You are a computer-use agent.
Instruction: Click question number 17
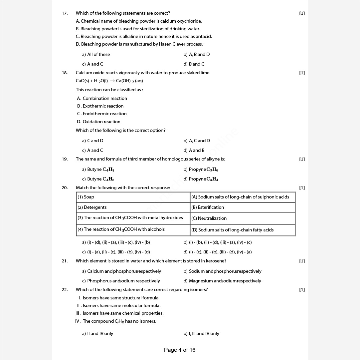pos(65,13)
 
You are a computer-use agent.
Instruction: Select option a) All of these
pos(96,54)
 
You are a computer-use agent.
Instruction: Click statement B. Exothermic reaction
pos(100,106)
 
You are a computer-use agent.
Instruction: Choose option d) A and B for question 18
pos(194,150)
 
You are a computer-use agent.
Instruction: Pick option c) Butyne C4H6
pos(98,179)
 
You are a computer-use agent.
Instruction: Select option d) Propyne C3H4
pos(201,179)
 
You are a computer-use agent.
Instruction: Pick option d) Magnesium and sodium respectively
pos(222,281)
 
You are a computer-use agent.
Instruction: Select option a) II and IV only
pos(97,333)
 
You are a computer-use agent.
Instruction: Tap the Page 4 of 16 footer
pos(180,350)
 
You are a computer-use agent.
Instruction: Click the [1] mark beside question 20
pos(302,188)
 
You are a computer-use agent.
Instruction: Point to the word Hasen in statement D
pos(165,44)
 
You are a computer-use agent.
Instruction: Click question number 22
pos(65,289)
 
